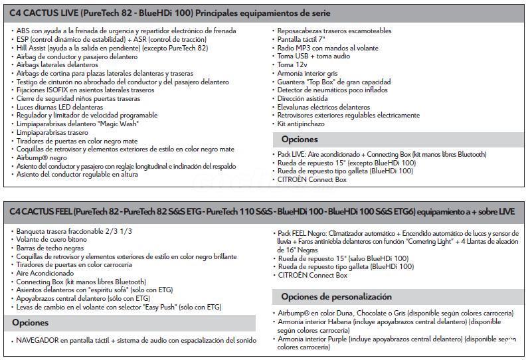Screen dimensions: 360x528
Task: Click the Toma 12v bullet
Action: (292, 65)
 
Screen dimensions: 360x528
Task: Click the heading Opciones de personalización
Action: (336, 296)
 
